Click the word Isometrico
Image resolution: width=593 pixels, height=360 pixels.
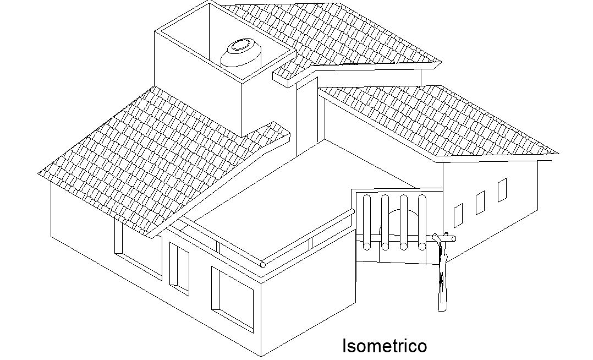384,346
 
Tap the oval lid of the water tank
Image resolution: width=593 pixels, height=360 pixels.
239,45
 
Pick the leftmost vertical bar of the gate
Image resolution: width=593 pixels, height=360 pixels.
367,220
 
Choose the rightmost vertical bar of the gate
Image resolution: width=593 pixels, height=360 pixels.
422,220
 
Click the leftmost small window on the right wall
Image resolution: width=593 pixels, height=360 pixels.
458,216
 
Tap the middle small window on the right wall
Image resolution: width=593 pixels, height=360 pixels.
480,203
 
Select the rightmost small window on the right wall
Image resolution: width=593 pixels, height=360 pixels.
502,190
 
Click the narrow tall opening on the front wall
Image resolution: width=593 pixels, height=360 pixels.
179,266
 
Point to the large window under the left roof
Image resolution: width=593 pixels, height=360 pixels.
141,262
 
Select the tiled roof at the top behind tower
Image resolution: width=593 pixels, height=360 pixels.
341,33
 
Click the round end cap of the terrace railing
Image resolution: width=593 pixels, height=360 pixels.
263,265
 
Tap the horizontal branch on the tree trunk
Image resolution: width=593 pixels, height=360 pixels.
444,238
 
